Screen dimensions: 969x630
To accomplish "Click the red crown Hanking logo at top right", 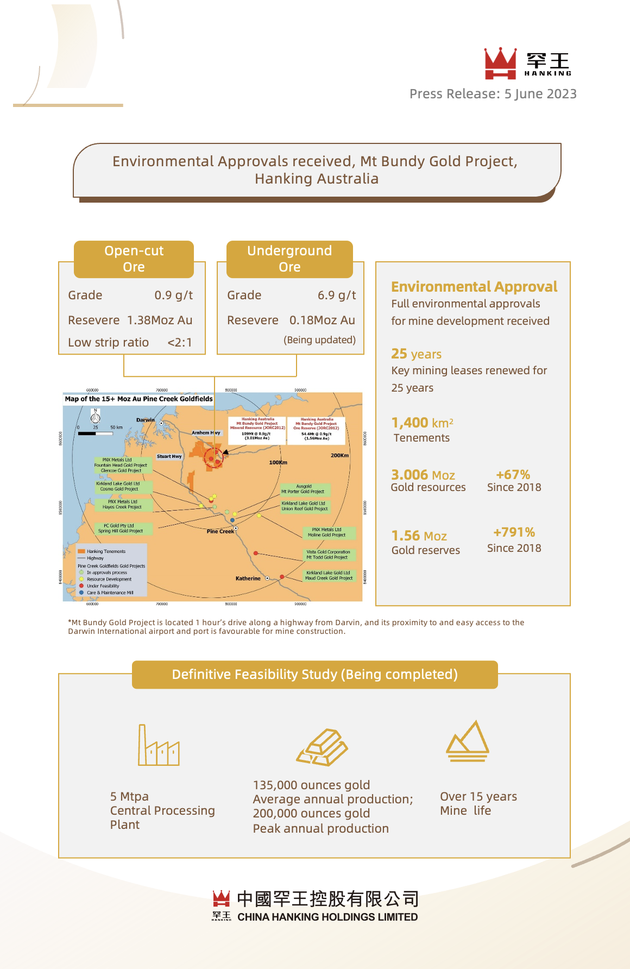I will (500, 63).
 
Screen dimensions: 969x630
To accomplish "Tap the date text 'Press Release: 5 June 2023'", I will (493, 94).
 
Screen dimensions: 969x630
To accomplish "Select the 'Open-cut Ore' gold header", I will (134, 259).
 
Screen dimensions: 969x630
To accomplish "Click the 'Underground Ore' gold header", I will (289, 259).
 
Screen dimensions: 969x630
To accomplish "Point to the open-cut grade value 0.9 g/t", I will (173, 295).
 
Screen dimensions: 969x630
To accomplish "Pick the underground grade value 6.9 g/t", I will (337, 295).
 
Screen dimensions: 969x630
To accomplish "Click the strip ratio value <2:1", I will (179, 343).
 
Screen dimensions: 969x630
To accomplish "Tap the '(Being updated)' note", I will (319, 340).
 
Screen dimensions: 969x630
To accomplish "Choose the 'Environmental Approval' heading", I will (474, 287).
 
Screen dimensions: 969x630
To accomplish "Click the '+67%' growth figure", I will (513, 475).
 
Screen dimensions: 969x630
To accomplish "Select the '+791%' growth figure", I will (514, 532).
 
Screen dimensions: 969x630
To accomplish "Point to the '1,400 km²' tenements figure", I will (422, 423).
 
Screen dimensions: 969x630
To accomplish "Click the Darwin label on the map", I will (145, 420).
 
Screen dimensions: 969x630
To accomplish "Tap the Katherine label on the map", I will (248, 578).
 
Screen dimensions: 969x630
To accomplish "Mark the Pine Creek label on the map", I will (220, 531).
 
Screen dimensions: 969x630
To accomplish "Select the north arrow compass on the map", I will (96, 416).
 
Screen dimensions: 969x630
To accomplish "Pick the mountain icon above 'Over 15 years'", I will (468, 741).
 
